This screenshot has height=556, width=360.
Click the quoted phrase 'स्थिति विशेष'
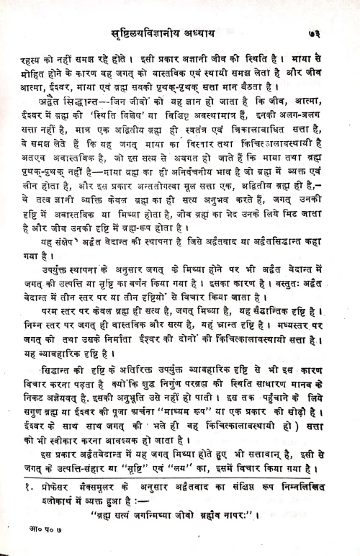[x=121, y=109]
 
